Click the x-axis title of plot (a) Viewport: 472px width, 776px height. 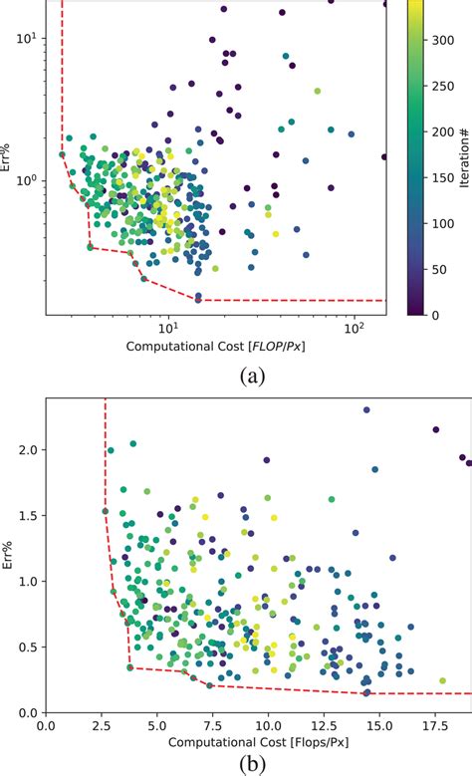click(x=216, y=350)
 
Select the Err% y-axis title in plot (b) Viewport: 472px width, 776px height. click(x=9, y=556)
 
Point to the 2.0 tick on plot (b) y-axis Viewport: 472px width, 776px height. click(x=28, y=449)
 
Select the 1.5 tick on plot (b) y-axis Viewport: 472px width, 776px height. click(x=28, y=515)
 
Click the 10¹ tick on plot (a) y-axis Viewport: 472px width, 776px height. click(x=27, y=39)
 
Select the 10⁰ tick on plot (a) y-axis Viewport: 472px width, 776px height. click(x=27, y=180)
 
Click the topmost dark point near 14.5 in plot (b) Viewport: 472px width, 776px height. click(x=366, y=409)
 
